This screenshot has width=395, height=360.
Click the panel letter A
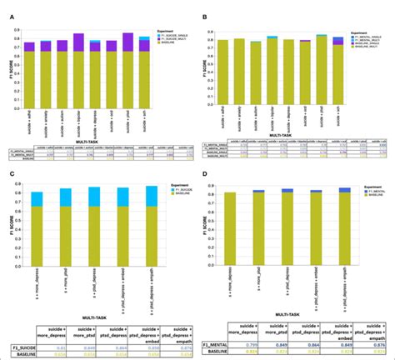pyautogui.click(x=7, y=9)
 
